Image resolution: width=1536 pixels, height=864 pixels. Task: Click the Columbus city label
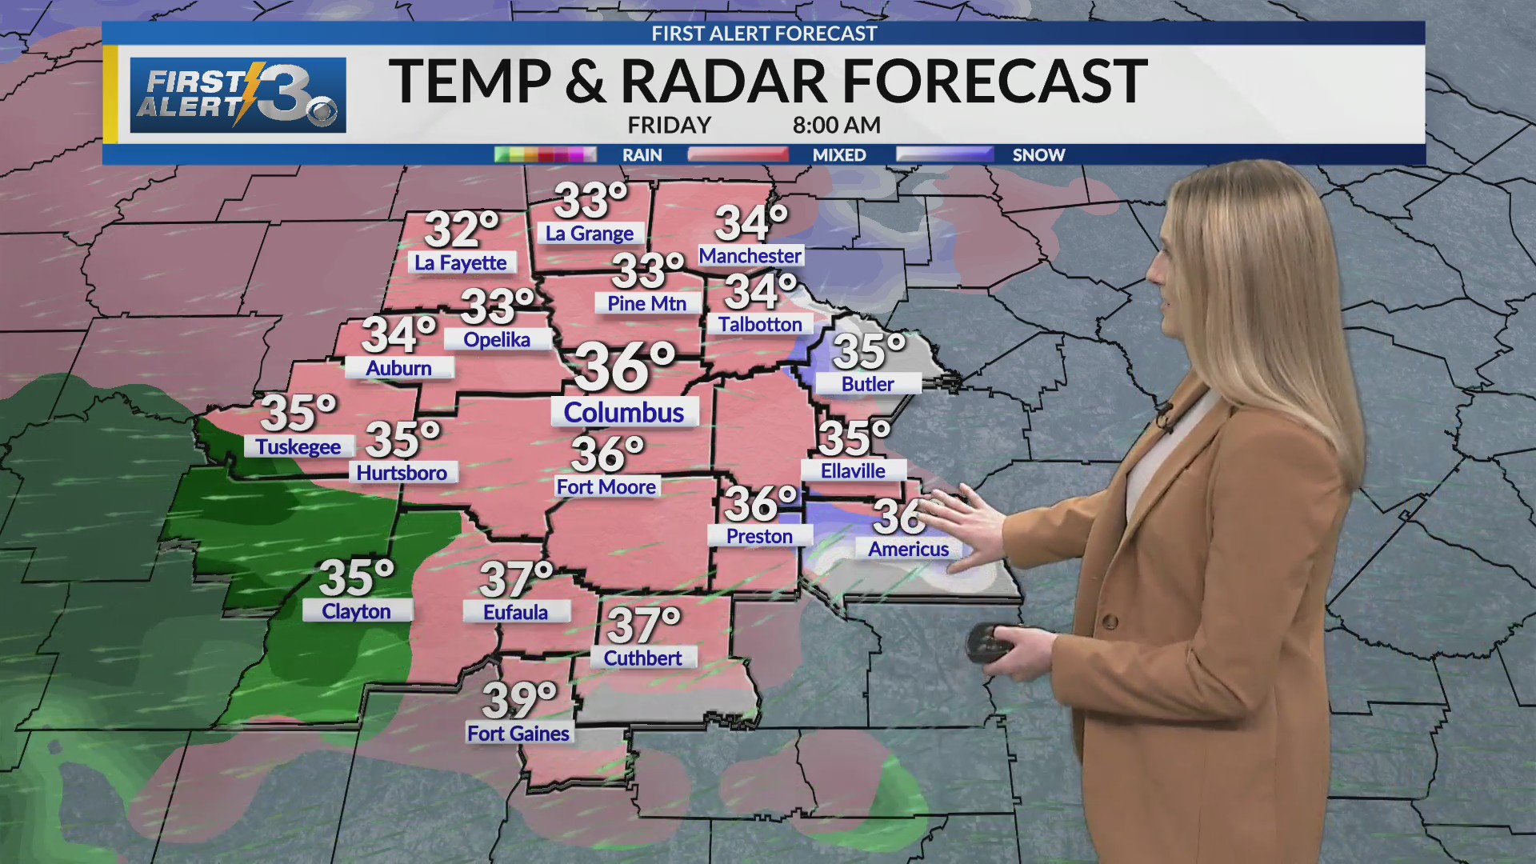point(624,413)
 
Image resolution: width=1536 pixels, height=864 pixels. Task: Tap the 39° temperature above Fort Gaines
point(519,700)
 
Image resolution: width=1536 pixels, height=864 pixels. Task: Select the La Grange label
point(590,234)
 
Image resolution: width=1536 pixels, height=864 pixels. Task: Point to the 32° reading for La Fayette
point(462,230)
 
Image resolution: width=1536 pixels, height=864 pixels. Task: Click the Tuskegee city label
point(298,446)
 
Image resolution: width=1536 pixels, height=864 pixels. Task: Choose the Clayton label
point(357,611)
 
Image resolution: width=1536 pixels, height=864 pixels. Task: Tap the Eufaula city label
point(516,612)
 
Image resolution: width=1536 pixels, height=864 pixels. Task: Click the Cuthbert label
point(643,658)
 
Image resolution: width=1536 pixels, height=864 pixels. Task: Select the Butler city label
point(868,384)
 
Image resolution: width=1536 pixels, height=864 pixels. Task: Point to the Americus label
point(909,549)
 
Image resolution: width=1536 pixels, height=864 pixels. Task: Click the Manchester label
point(750,256)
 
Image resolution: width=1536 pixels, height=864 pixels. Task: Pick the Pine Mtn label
point(647,304)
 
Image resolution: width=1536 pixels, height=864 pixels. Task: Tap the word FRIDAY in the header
point(670,126)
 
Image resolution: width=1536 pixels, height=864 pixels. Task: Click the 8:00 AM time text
point(837,126)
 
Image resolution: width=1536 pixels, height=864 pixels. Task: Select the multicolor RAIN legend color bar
point(545,154)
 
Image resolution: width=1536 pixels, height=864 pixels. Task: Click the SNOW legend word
point(1038,155)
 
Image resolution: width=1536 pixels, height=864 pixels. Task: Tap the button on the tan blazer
point(1110,621)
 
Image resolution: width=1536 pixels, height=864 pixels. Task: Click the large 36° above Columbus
point(625,366)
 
